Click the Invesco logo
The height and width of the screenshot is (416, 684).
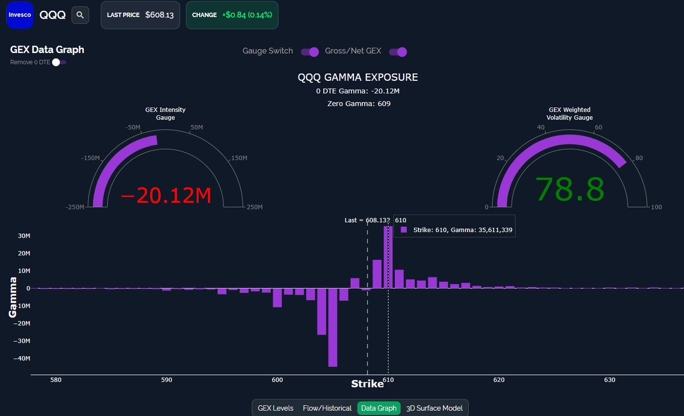click(x=20, y=15)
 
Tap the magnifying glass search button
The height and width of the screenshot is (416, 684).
click(x=80, y=15)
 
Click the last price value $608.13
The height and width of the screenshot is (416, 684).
click(x=160, y=15)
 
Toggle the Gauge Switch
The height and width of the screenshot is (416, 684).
click(x=310, y=52)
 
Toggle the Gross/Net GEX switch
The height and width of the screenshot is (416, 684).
click(x=398, y=52)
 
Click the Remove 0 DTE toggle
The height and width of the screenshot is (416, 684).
click(x=59, y=62)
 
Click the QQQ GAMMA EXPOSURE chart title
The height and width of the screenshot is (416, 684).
click(x=358, y=78)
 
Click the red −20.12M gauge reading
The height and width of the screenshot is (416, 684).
click(x=166, y=196)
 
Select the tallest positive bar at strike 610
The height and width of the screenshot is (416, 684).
click(x=388, y=256)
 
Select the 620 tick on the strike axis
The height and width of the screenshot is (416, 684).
click(x=499, y=380)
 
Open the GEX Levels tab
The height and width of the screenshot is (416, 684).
click(x=275, y=408)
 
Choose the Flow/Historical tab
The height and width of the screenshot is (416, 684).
click(x=327, y=408)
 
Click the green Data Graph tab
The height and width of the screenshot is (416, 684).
click(x=378, y=408)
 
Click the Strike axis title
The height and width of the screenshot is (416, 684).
click(x=367, y=384)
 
